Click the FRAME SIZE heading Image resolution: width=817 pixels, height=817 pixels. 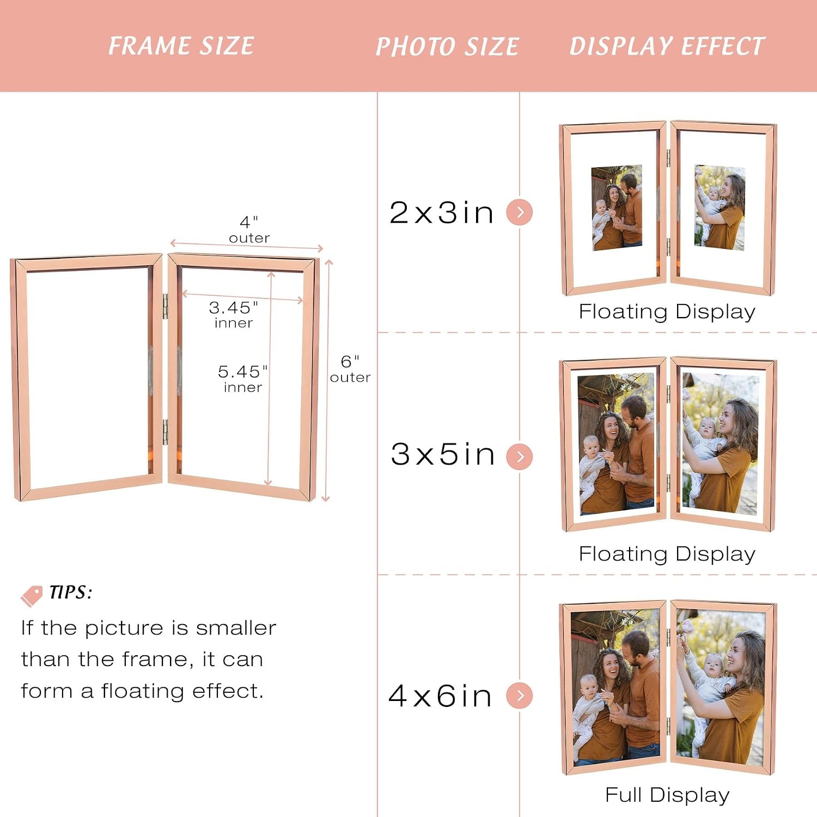click(181, 46)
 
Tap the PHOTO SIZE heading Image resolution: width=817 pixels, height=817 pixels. click(447, 46)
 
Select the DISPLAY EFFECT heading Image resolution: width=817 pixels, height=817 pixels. click(667, 46)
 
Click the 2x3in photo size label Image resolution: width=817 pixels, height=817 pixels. click(442, 212)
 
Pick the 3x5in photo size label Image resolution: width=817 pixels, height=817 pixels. click(443, 454)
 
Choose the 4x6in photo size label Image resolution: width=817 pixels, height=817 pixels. click(441, 696)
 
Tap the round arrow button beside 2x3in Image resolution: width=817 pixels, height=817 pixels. click(520, 212)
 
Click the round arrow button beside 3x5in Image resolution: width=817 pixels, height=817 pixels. click(520, 456)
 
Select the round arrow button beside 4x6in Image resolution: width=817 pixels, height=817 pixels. click(520, 696)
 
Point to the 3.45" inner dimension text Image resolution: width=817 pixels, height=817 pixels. click(234, 314)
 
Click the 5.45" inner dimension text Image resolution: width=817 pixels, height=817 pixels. click(243, 379)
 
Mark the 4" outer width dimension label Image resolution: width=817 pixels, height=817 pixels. click(249, 229)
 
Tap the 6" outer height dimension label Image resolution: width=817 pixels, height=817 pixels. click(350, 369)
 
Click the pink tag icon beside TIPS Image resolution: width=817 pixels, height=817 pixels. click(32, 595)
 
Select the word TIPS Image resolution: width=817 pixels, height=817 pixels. click(71, 592)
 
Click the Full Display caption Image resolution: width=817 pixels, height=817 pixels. click(667, 795)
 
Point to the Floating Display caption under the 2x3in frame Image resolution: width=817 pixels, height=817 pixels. click(667, 312)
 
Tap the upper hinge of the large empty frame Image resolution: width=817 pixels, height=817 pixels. click(166, 306)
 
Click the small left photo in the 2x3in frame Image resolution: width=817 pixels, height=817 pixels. click(617, 208)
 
